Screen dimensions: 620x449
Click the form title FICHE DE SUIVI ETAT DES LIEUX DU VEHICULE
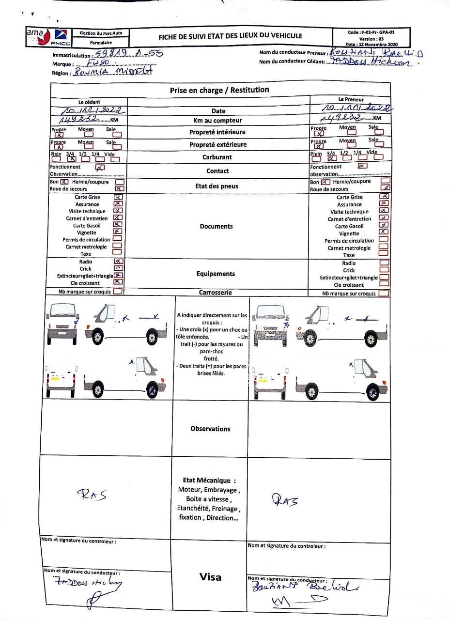[230, 36]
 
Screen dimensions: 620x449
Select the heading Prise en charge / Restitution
[219, 90]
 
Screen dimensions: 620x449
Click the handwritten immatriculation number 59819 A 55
[129, 54]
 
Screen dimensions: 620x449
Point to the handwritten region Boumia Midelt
[112, 72]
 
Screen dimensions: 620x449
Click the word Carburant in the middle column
[217, 157]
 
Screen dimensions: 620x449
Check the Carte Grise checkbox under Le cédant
[118, 197]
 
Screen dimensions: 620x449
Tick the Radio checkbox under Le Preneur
[384, 263]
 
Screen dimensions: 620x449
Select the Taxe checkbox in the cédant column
[117, 252]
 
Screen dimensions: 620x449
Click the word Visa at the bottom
[211, 577]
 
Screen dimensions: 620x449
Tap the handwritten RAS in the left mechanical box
[92, 495]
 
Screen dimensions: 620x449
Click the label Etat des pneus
[217, 186]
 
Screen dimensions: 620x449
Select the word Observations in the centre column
[210, 429]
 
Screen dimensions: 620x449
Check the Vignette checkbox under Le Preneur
[384, 232]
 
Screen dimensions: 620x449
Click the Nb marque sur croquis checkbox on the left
[117, 292]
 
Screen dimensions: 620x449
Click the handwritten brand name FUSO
[96, 63]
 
